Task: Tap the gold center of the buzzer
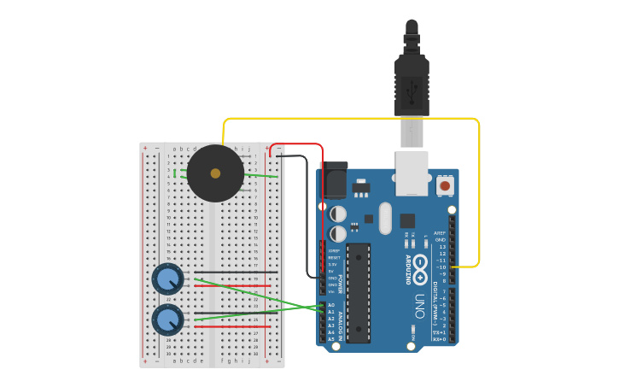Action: click(x=215, y=173)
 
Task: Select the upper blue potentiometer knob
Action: click(x=167, y=279)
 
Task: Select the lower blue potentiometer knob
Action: click(x=167, y=320)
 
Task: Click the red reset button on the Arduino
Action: click(x=445, y=185)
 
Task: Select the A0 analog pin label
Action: click(x=331, y=305)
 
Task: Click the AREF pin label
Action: click(x=440, y=232)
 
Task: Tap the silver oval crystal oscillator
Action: click(x=385, y=217)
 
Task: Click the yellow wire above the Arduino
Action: click(x=350, y=119)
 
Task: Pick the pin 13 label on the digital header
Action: click(x=441, y=246)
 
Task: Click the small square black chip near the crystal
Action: click(x=407, y=220)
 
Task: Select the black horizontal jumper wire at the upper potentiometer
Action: click(x=236, y=273)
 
